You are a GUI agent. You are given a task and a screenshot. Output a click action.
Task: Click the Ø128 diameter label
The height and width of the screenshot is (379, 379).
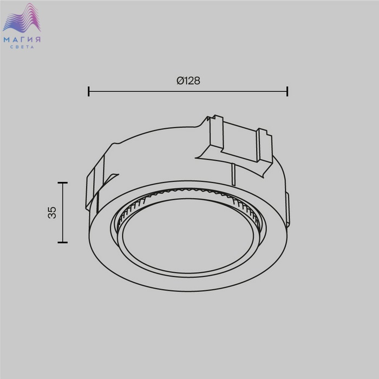(188, 81)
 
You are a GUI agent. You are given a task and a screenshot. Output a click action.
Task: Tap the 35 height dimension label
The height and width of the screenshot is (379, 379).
(52, 213)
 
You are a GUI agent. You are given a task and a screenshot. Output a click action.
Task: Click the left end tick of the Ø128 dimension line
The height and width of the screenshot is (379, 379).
(89, 92)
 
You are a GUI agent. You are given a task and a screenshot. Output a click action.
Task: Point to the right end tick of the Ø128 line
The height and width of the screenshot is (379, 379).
(287, 92)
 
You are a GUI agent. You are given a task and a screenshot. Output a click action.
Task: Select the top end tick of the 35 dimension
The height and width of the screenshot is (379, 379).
(63, 183)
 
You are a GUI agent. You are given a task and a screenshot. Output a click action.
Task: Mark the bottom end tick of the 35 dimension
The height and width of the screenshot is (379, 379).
(63, 242)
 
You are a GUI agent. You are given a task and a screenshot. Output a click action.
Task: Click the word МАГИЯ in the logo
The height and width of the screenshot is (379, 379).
(22, 40)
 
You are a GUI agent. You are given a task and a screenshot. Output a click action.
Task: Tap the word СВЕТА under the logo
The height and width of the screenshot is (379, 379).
(22, 47)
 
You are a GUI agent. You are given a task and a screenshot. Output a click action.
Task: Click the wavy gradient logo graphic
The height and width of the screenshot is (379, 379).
(22, 18)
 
